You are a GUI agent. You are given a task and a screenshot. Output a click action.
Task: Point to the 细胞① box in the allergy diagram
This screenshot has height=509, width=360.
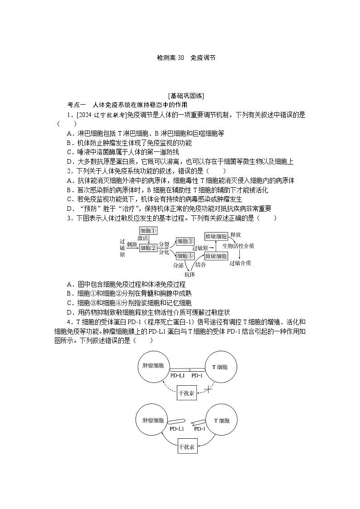click(148, 230)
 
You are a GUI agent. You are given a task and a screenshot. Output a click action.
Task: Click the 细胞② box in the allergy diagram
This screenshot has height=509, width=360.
click(148, 247)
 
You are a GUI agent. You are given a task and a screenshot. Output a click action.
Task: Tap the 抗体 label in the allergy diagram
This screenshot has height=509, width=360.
click(190, 274)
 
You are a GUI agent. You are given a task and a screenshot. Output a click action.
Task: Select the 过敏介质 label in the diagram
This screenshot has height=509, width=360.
click(240, 263)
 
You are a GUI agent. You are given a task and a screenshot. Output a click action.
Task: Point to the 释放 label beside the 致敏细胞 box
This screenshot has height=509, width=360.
click(235, 234)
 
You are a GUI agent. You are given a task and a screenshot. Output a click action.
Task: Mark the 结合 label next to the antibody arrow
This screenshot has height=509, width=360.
click(200, 265)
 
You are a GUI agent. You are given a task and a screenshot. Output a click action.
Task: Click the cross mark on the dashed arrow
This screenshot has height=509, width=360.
click(209, 389)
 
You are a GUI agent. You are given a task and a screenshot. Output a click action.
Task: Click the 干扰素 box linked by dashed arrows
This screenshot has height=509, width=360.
click(186, 393)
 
